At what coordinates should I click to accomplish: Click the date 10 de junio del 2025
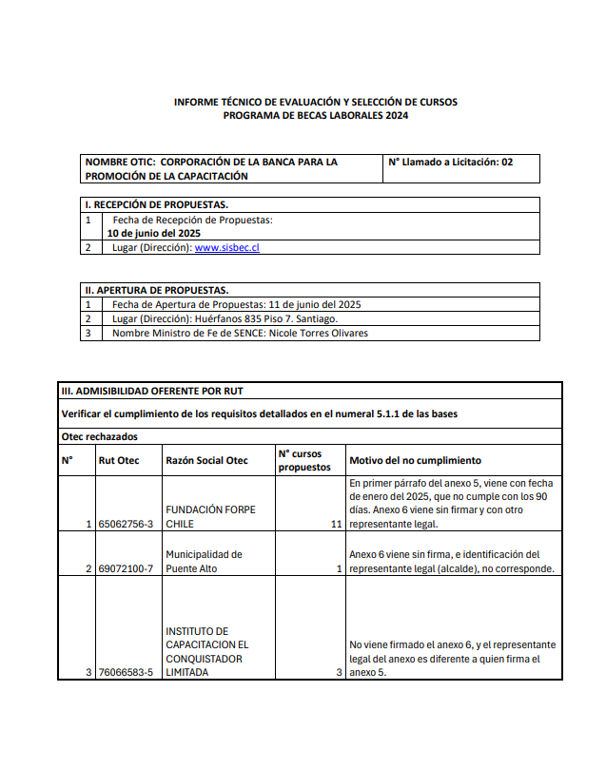[153, 233]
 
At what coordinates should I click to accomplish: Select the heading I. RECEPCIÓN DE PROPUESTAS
[156, 204]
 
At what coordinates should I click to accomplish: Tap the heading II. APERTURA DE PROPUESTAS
[157, 290]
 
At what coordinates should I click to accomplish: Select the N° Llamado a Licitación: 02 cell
[450, 163]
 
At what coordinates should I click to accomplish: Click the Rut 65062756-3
[126, 524]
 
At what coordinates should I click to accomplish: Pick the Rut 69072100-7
[126, 568]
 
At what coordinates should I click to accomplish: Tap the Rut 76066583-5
[126, 672]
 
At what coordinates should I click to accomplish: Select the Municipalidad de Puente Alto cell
[204, 561]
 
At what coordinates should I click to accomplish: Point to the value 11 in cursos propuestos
[335, 524]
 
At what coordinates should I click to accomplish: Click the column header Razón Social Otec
[206, 460]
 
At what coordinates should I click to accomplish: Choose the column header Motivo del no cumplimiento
[415, 460]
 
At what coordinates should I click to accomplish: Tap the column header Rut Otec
[119, 460]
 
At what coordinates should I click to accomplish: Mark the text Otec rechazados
[99, 436]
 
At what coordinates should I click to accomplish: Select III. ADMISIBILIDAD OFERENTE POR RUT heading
[158, 391]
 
